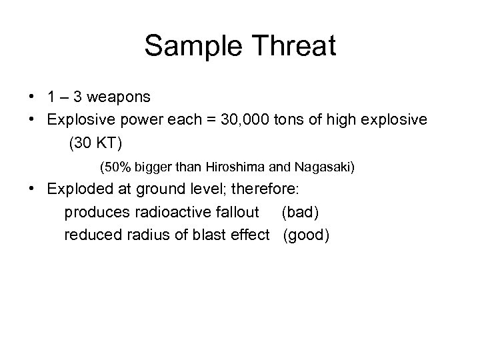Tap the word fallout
pos(236,212)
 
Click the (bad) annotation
pos(301,212)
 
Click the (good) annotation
pos(306,235)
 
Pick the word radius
pos(139,235)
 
